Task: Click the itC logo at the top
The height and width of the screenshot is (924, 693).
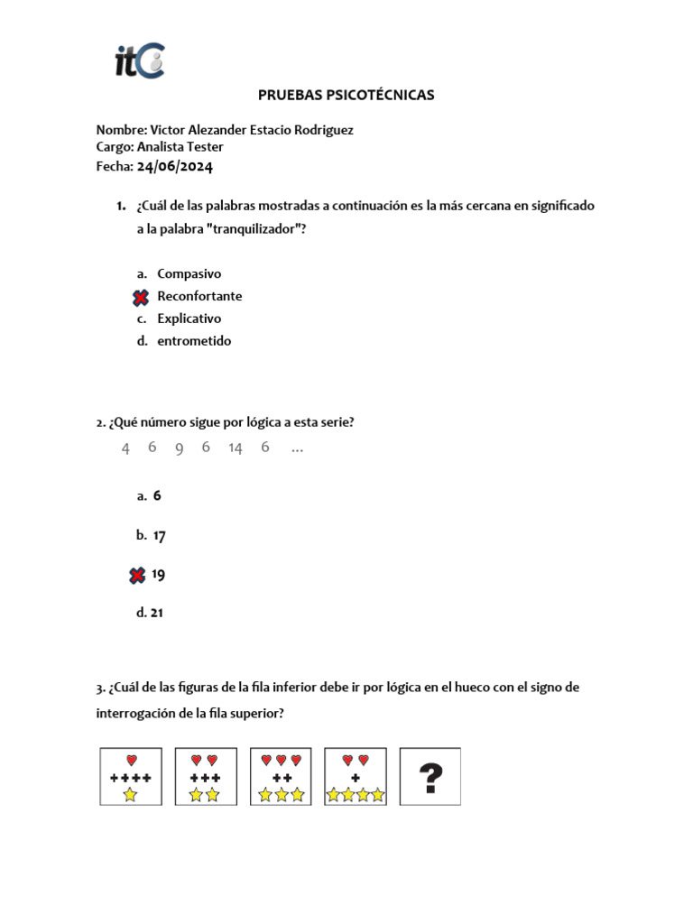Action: click(139, 60)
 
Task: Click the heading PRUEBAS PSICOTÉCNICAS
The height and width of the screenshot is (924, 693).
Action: click(346, 95)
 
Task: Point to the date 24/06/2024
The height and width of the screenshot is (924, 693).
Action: click(175, 166)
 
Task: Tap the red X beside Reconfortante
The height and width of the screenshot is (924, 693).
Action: click(141, 297)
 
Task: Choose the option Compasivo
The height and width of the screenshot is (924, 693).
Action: click(189, 273)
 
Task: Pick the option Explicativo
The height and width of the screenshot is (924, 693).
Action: click(189, 319)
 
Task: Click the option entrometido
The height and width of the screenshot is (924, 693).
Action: click(194, 341)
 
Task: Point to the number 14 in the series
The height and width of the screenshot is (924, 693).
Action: click(236, 448)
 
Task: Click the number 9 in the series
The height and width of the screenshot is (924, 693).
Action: click(180, 448)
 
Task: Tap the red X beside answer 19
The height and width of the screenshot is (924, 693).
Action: click(137, 575)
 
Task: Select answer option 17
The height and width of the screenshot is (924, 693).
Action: click(160, 535)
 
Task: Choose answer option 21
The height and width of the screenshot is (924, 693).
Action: click(157, 613)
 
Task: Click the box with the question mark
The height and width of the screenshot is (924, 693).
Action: click(430, 776)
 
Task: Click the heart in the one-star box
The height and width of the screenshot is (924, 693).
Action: click(131, 760)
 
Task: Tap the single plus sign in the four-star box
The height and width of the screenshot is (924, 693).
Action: click(355, 778)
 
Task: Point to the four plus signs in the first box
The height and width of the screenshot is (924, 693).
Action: click(131, 778)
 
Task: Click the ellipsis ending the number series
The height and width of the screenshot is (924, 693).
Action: click(298, 448)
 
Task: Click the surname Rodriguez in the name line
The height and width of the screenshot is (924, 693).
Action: click(321, 130)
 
